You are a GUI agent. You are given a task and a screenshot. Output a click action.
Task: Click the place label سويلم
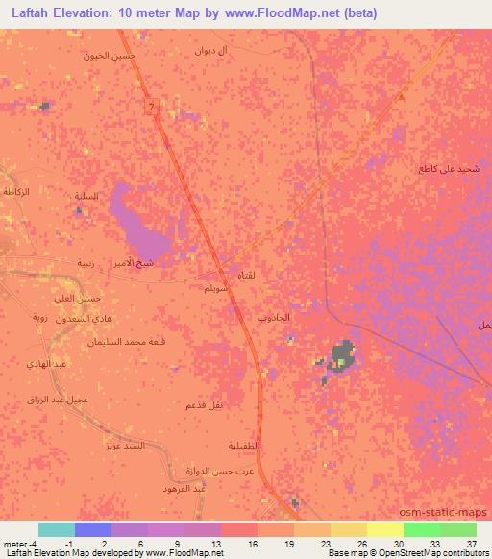(x=215, y=287)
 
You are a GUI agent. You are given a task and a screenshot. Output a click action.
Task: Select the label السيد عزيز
(x=126, y=447)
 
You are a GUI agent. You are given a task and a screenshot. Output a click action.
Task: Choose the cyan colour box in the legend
(x=57, y=529)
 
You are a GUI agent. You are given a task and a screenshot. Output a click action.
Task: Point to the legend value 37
(x=471, y=545)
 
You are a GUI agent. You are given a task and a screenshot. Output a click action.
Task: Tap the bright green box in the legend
(x=421, y=529)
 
